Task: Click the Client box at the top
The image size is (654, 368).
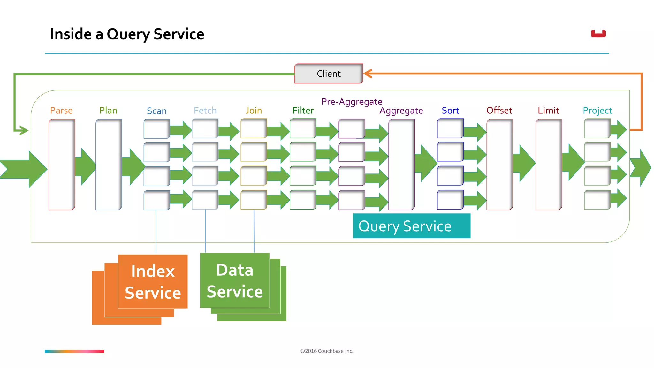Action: pos(329,73)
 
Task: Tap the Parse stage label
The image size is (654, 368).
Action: pos(61,111)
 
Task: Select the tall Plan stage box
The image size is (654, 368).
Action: pos(109,165)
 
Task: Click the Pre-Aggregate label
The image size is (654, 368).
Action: pos(352,102)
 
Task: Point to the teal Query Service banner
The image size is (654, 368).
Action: pos(411,226)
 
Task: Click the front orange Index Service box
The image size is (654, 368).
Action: pos(153,281)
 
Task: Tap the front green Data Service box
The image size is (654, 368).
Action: pos(235,280)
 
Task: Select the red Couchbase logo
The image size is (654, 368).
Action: pos(598,34)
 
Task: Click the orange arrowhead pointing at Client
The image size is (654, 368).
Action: pos(368,73)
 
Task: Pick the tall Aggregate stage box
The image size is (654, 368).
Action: pos(401,165)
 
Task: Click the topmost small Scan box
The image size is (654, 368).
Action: pos(156,129)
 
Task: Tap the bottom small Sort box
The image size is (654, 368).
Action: pos(450,200)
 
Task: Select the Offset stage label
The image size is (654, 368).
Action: pos(499,111)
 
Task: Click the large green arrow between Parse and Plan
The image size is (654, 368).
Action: pos(86,166)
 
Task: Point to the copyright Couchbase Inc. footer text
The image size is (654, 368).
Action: pos(327,351)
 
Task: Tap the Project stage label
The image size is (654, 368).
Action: pos(597,111)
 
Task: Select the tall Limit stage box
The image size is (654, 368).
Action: pos(549,165)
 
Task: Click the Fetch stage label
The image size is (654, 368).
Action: pos(205,111)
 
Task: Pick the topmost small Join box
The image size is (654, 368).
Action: pos(254,128)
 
